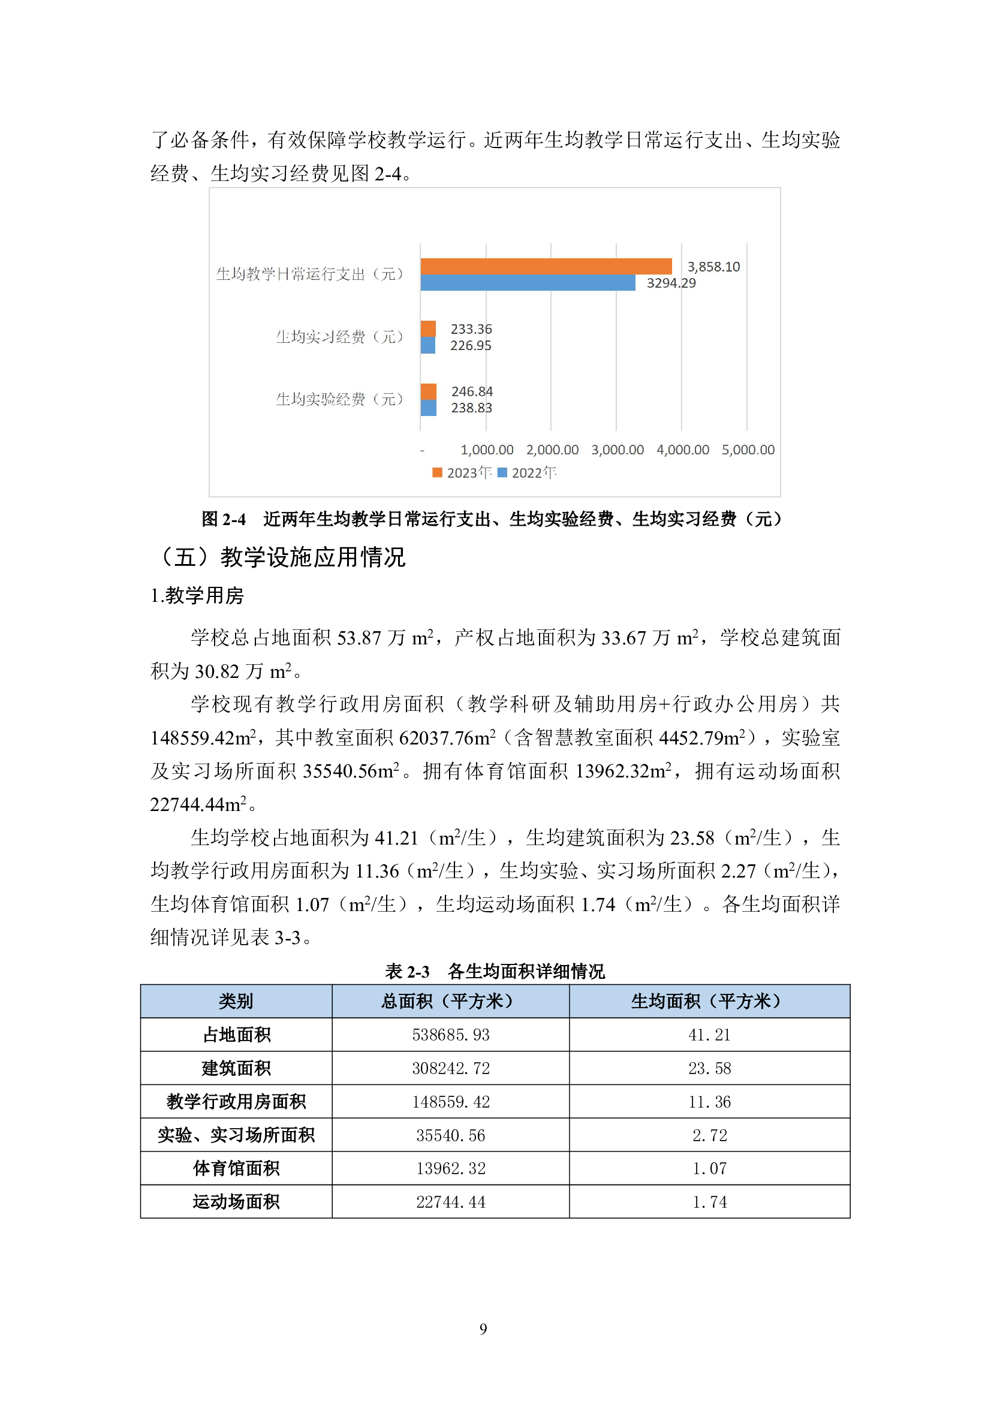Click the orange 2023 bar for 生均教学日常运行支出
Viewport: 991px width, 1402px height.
(x=546, y=266)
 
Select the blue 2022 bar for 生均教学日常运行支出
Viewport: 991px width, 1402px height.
(x=528, y=283)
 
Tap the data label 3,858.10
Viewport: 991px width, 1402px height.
(x=713, y=267)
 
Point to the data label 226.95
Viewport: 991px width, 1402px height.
(x=470, y=346)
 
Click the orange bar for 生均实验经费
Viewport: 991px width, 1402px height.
(x=428, y=391)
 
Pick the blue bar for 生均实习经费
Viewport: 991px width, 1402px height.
(x=427, y=346)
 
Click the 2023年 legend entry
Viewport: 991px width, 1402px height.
(x=462, y=472)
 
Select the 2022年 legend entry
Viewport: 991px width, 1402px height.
(x=527, y=472)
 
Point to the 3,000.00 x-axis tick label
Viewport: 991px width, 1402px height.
(x=618, y=450)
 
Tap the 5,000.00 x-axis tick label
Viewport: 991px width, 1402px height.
(x=748, y=450)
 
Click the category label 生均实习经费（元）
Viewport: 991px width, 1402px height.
(x=339, y=337)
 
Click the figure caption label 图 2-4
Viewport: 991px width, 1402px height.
(x=224, y=520)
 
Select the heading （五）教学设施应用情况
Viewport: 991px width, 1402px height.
(x=282, y=557)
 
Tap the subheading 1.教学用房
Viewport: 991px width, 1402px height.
(x=197, y=596)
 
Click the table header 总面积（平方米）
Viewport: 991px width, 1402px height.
(x=451, y=1002)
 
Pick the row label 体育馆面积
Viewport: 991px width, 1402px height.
(x=236, y=1169)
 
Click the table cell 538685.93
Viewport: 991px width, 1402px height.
(x=451, y=1035)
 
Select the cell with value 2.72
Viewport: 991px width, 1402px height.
(x=709, y=1135)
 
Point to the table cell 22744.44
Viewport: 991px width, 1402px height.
(x=451, y=1202)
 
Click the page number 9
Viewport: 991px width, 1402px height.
(x=483, y=1329)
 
